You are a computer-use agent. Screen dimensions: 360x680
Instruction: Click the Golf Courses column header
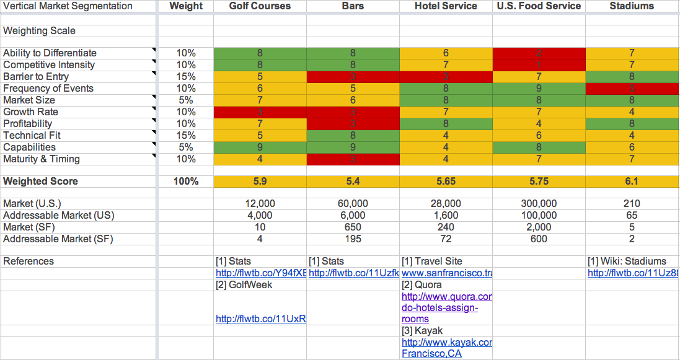click(260, 6)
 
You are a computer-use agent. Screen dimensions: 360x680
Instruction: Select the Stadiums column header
click(632, 6)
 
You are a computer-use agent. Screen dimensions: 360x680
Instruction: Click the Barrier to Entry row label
click(36, 77)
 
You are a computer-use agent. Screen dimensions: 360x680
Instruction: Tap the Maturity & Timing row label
click(42, 159)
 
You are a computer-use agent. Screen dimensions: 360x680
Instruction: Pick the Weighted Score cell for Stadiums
click(632, 182)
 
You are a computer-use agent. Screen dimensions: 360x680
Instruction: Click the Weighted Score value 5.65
click(446, 182)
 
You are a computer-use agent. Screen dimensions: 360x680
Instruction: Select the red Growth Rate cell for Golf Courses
click(260, 112)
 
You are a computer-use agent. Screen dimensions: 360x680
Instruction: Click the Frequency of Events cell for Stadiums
click(632, 89)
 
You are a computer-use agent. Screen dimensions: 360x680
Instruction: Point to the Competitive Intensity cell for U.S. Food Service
click(539, 65)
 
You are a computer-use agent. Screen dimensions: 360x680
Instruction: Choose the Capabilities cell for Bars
click(353, 147)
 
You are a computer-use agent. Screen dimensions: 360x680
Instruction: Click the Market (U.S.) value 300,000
click(539, 204)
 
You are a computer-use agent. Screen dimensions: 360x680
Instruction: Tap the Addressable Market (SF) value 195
click(353, 239)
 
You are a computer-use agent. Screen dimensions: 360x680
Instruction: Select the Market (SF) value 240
click(446, 227)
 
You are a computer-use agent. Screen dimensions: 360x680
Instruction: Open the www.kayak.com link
click(447, 343)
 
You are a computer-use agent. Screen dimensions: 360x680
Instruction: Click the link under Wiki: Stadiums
click(633, 273)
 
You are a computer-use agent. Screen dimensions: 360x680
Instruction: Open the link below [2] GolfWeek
click(261, 319)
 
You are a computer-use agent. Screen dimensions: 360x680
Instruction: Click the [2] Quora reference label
click(422, 285)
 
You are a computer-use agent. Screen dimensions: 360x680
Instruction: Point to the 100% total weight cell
click(186, 182)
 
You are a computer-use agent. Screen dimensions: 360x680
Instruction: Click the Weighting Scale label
click(40, 31)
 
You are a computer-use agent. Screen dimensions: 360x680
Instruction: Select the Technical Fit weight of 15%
click(186, 136)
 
